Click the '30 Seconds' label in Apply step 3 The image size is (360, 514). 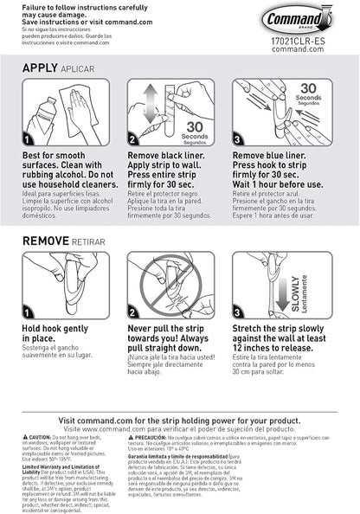pyautogui.click(x=308, y=94)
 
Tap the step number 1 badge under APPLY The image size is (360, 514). pyautogui.click(x=28, y=139)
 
